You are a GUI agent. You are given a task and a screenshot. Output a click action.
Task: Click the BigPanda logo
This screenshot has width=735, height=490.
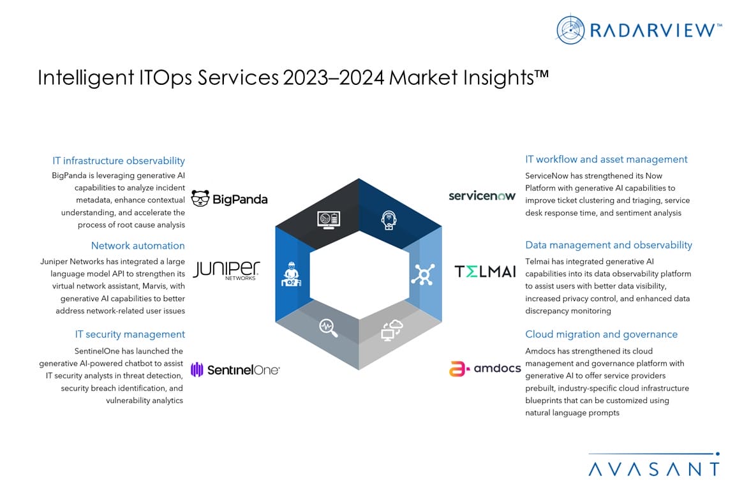[x=229, y=199]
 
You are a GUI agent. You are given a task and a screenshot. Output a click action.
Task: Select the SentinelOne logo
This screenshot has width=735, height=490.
[x=235, y=369]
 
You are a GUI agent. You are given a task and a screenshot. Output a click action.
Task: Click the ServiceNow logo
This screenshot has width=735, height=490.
[x=482, y=195]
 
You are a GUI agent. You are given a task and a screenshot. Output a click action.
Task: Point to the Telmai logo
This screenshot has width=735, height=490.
[x=485, y=271]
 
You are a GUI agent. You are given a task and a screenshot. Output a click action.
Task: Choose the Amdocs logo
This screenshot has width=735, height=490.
[x=484, y=368]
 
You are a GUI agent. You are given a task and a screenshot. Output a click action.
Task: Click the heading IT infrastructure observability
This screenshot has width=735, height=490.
[x=119, y=161]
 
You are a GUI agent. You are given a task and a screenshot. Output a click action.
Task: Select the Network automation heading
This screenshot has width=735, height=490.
[x=138, y=246]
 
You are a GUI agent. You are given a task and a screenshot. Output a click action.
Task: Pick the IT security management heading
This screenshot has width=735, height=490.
[x=130, y=334]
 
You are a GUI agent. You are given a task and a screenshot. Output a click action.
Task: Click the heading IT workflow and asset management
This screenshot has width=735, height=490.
[x=606, y=160]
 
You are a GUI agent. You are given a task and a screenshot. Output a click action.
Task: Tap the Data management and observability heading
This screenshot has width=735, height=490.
[x=608, y=245]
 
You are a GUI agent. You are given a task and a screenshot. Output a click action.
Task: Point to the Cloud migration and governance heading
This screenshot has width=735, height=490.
[x=601, y=334]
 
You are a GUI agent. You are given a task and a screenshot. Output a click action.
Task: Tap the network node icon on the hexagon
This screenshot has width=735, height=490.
[x=421, y=276]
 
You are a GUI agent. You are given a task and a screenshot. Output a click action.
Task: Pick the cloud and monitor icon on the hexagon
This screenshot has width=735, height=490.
[x=390, y=330]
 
